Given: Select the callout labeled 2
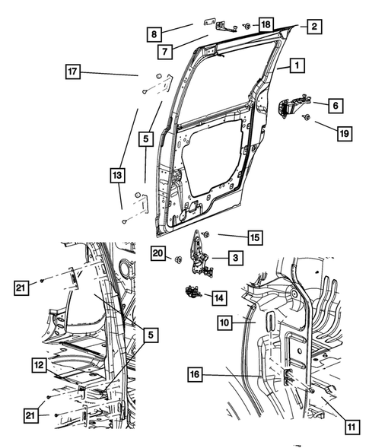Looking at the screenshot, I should click(313, 26).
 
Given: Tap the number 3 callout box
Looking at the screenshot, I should click(235, 259).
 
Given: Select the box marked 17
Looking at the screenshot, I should click(72, 74).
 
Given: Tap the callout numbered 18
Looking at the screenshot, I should click(265, 26).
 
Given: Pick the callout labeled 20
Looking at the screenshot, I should click(157, 253).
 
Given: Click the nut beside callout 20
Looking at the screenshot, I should click(177, 260).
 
